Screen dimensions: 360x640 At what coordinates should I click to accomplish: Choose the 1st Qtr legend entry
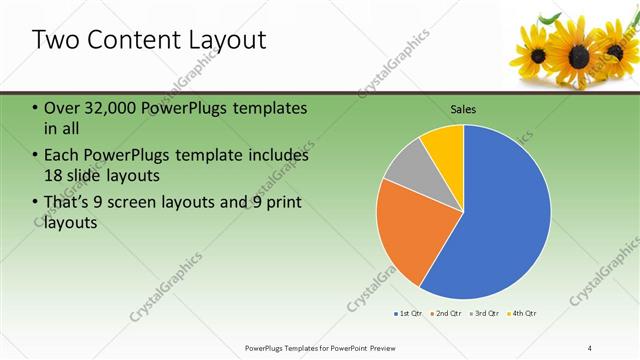[x=407, y=314]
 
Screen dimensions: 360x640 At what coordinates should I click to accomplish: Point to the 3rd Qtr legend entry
[x=483, y=314]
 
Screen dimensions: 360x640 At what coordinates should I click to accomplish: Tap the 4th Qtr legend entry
[x=522, y=314]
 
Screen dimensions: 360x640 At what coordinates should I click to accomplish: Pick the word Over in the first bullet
[x=63, y=108]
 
